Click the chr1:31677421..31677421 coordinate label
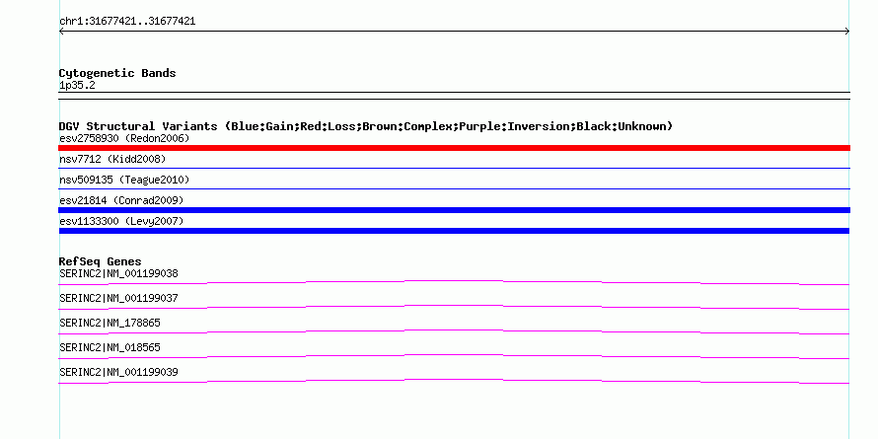127,22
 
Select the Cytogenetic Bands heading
117,73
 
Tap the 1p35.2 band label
77,86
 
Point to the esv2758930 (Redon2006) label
124,138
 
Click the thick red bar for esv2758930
454,148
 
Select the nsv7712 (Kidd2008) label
112,159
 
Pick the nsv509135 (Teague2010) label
124,180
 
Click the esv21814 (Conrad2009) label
121,200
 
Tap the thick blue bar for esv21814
454,210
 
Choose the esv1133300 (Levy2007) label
121,221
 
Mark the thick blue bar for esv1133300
454,231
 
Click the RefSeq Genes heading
101,261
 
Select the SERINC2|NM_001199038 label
118,274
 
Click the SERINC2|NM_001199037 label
118,299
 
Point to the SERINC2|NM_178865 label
110,324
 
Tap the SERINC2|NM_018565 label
110,347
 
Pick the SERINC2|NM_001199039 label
118,372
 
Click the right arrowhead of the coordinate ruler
847,32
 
